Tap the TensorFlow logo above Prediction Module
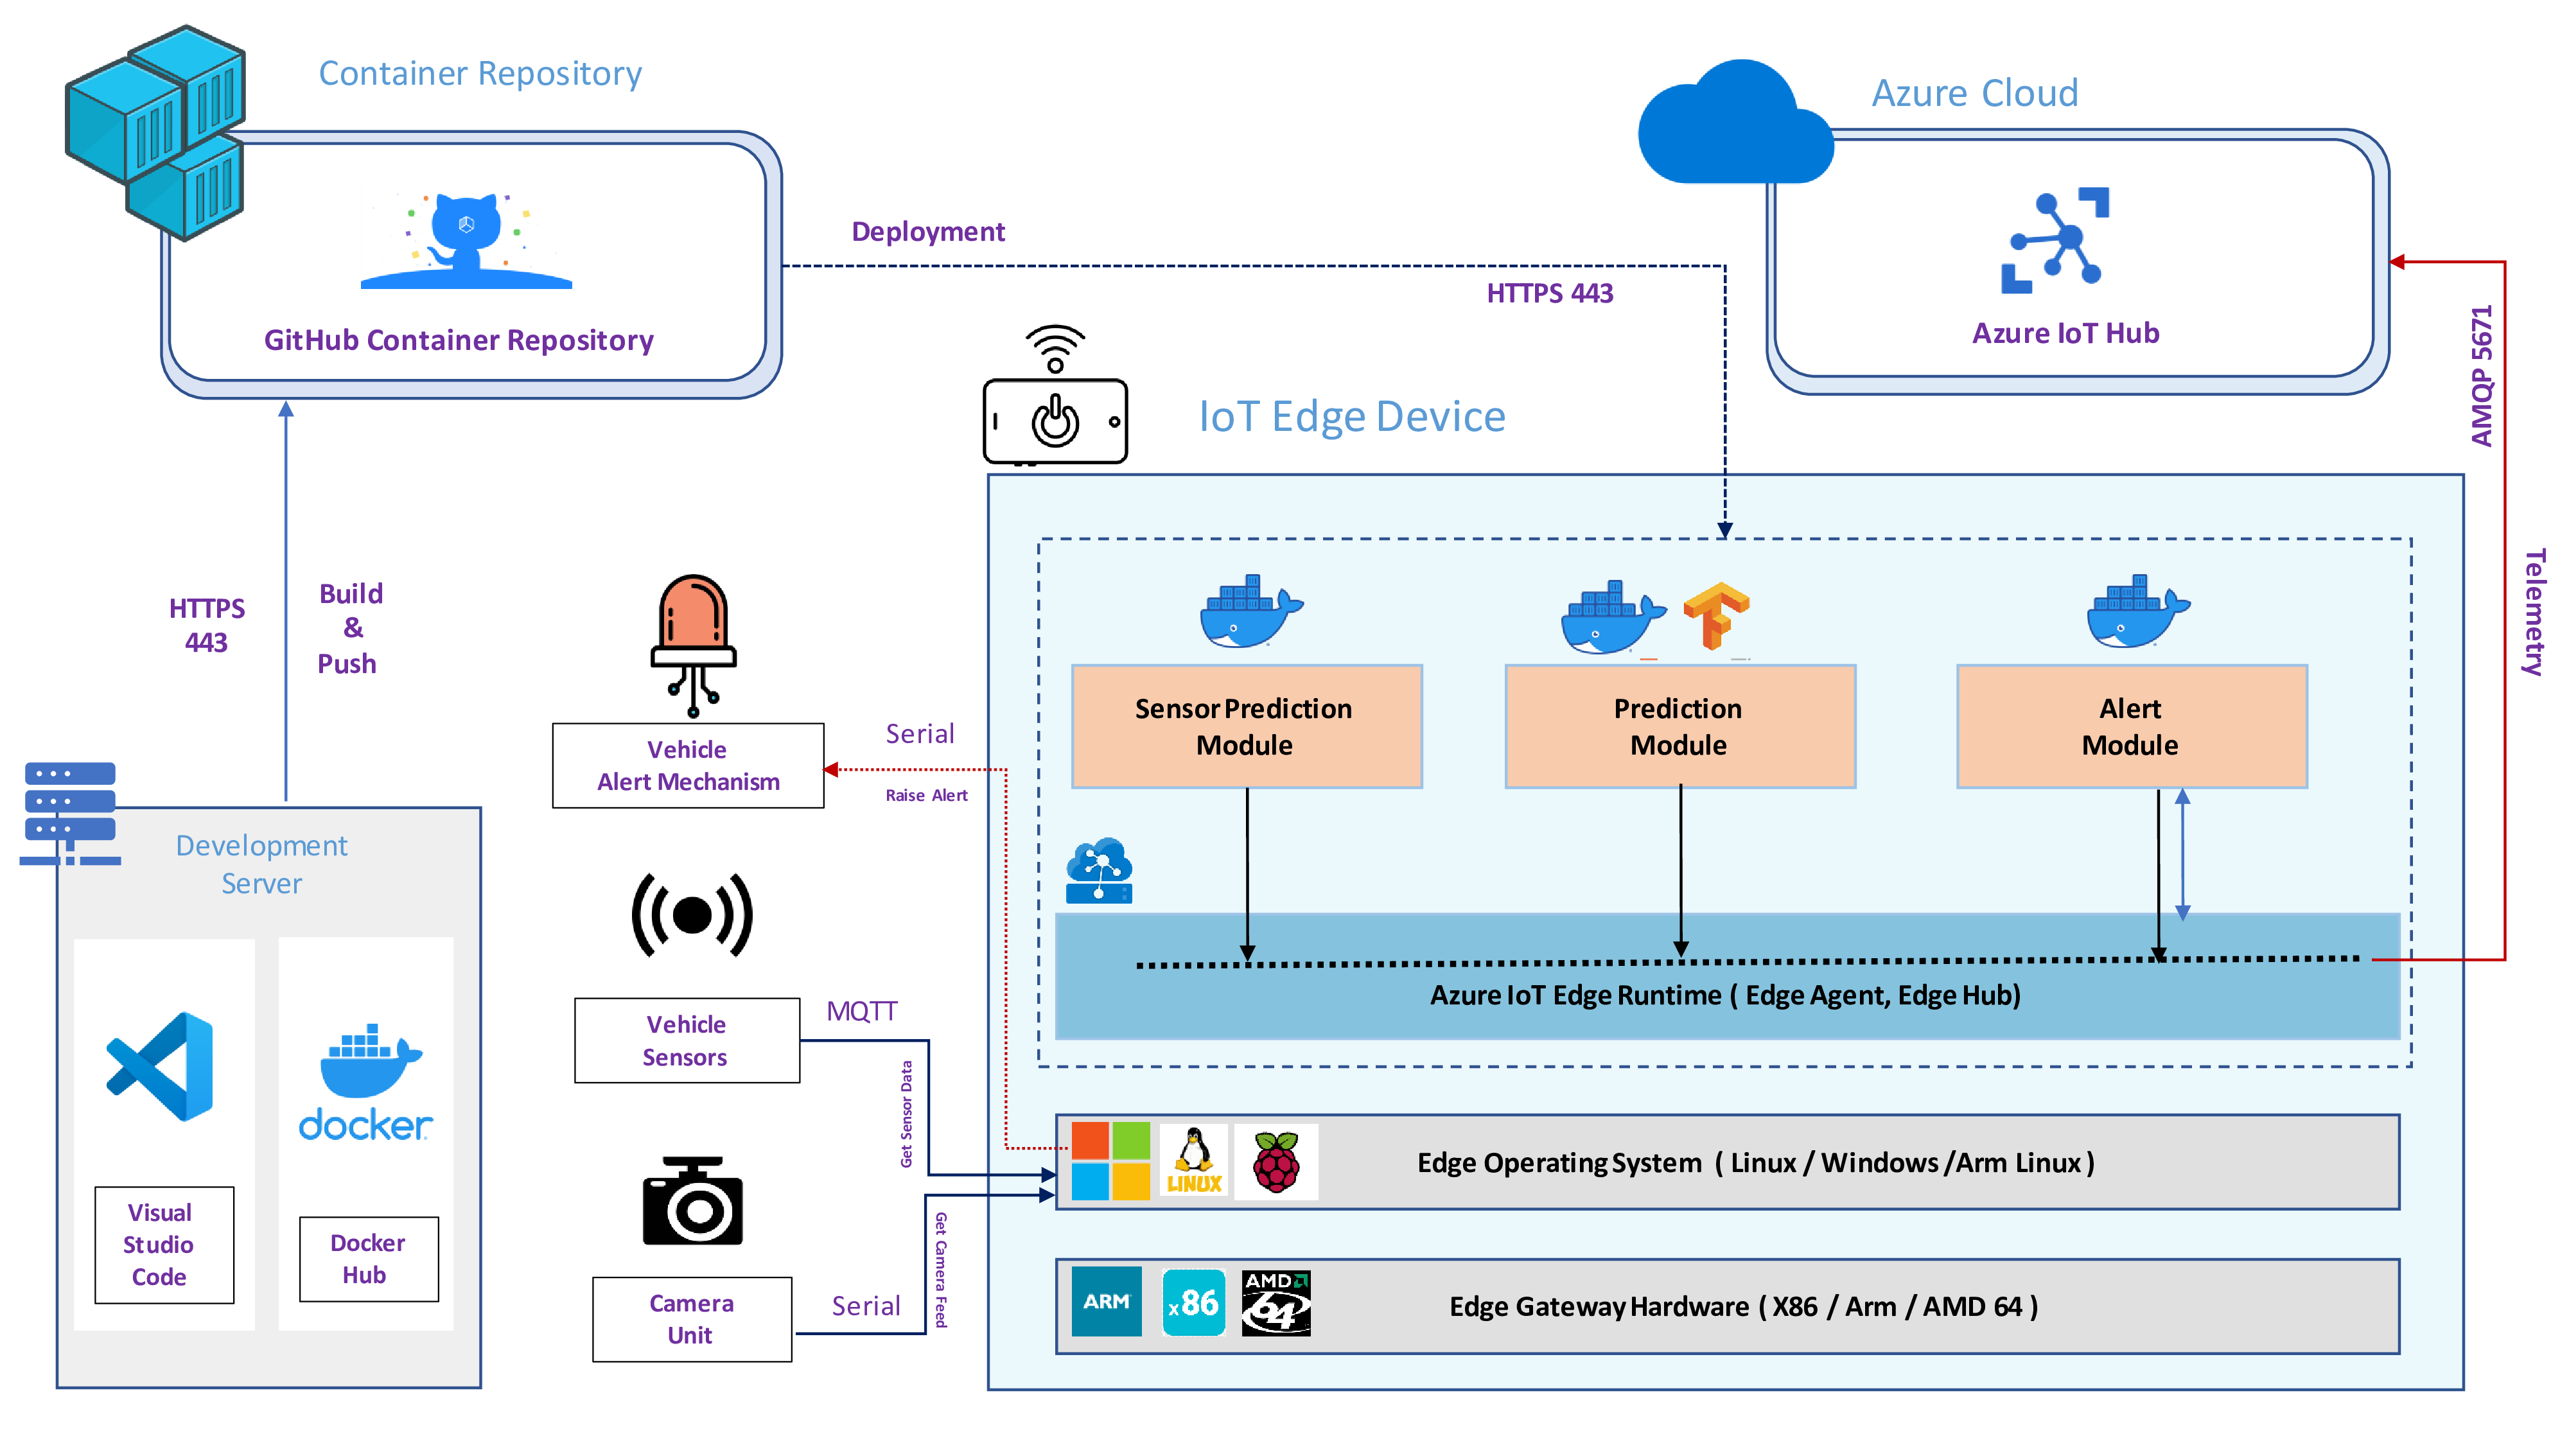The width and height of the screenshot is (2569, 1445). click(1715, 615)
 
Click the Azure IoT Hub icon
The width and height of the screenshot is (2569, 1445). click(2055, 241)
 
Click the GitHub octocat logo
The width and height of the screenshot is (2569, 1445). click(466, 240)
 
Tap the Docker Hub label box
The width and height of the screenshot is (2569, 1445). click(368, 1259)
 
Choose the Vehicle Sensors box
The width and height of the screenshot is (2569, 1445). click(686, 1040)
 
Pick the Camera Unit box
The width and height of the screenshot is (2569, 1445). click(691, 1318)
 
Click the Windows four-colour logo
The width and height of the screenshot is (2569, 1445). click(1110, 1162)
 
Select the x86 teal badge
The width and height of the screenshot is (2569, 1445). click(1194, 1302)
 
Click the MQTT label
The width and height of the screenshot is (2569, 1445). click(862, 1011)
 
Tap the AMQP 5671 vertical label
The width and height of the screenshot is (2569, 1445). click(2482, 376)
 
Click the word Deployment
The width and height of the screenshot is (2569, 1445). click(927, 231)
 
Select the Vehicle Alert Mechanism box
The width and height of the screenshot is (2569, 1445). click(687, 766)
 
